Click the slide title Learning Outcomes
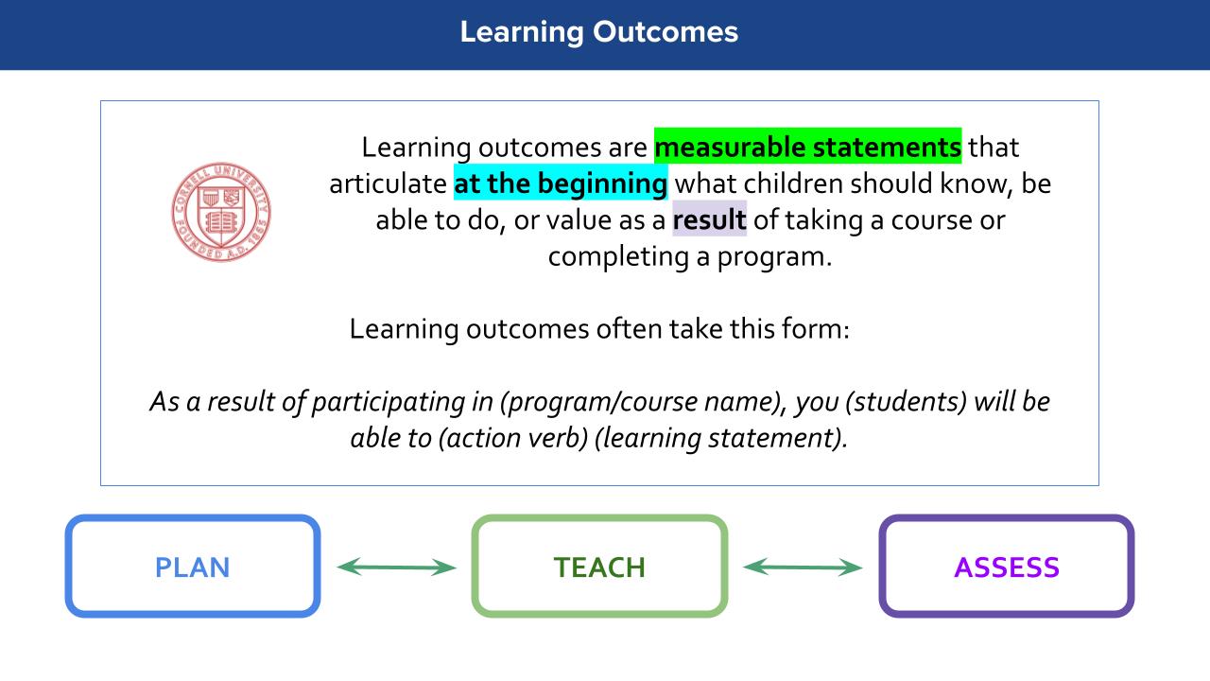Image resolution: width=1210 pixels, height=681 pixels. pos(599,32)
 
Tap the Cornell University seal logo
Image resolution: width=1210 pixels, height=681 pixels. pos(221,212)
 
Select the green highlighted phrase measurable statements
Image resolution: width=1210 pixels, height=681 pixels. pos(807,146)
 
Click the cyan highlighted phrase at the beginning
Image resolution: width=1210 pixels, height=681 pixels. pos(561,183)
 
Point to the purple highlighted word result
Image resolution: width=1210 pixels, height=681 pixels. pos(709,218)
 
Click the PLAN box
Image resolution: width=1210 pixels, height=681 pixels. pos(193,566)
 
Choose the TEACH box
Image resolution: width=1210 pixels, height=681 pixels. pos(599,566)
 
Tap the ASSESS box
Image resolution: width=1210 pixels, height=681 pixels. pos(1007,566)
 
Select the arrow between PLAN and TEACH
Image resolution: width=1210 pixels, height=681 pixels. pos(396,567)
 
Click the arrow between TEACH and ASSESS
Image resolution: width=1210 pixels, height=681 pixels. pos(803,567)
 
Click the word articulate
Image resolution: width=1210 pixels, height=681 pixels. pos(388,183)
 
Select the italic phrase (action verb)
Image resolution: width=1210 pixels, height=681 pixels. pos(513,438)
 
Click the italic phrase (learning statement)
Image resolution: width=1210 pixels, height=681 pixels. pos(721,438)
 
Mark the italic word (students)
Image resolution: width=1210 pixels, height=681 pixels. pos(906,402)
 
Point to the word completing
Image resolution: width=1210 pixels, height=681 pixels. pos(618,256)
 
